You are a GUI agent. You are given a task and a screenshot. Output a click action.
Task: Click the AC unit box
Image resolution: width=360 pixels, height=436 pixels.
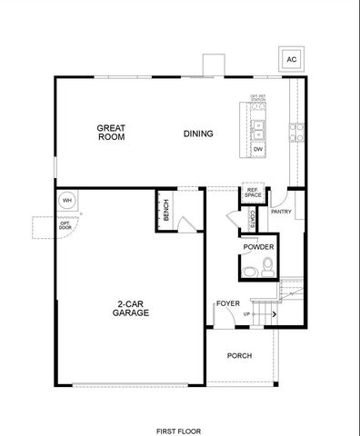(292, 60)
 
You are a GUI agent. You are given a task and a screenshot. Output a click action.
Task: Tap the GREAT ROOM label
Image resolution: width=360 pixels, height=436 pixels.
(111, 133)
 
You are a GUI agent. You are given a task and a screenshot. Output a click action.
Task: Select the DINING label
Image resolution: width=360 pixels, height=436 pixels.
(198, 134)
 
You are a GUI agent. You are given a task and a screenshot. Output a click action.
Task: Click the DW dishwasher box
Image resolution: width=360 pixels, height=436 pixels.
(258, 148)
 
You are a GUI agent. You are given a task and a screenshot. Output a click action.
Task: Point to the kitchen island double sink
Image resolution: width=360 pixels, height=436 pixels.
(258, 127)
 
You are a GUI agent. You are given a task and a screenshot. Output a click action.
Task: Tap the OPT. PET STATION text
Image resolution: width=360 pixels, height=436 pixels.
(257, 97)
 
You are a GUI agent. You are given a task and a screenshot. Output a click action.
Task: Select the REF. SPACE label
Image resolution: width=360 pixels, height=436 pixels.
(253, 193)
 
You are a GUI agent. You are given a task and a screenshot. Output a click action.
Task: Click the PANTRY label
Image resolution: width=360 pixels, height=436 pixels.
(281, 212)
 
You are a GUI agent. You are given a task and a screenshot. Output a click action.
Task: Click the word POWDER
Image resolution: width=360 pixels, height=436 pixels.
(258, 247)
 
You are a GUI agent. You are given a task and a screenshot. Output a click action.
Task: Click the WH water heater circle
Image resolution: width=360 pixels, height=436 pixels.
(66, 200)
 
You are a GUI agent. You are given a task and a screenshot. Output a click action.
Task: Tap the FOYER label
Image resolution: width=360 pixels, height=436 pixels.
(226, 303)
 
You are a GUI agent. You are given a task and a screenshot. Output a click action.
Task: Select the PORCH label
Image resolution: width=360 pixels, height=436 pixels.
(239, 355)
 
